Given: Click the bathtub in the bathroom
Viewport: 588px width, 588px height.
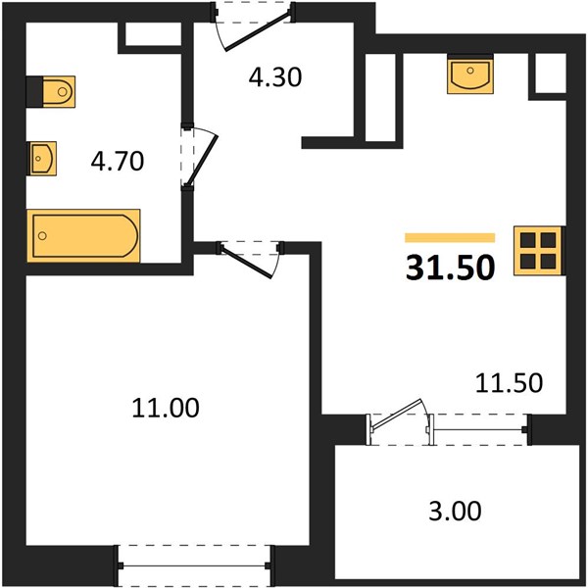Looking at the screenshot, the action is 83,236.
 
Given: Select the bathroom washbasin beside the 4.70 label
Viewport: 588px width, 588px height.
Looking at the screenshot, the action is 42,158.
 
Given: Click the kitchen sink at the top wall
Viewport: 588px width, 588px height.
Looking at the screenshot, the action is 470,73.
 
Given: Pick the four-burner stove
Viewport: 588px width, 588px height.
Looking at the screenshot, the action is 538,251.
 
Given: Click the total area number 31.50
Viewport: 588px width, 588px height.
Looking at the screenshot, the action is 450,268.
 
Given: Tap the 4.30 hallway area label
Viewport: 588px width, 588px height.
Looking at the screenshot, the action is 275,77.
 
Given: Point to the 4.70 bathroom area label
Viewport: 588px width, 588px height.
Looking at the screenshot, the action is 118,162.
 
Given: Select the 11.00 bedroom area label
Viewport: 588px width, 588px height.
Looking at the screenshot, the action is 166,408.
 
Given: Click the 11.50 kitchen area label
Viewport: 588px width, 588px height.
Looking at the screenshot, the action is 509,383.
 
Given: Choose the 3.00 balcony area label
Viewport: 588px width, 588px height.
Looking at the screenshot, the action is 455,511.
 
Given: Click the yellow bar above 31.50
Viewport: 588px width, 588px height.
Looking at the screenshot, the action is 450,238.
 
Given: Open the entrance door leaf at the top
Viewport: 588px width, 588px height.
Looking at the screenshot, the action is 257,31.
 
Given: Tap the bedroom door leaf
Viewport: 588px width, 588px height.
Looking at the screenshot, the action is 246,262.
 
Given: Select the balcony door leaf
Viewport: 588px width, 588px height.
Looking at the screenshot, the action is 396,414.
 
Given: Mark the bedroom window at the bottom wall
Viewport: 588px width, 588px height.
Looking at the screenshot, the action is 194,565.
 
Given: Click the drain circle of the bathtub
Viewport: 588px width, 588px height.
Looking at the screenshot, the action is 42,236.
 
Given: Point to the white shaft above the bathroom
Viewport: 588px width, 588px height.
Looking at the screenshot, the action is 153,34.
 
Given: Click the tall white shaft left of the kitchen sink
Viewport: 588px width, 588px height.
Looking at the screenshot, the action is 380,97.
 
